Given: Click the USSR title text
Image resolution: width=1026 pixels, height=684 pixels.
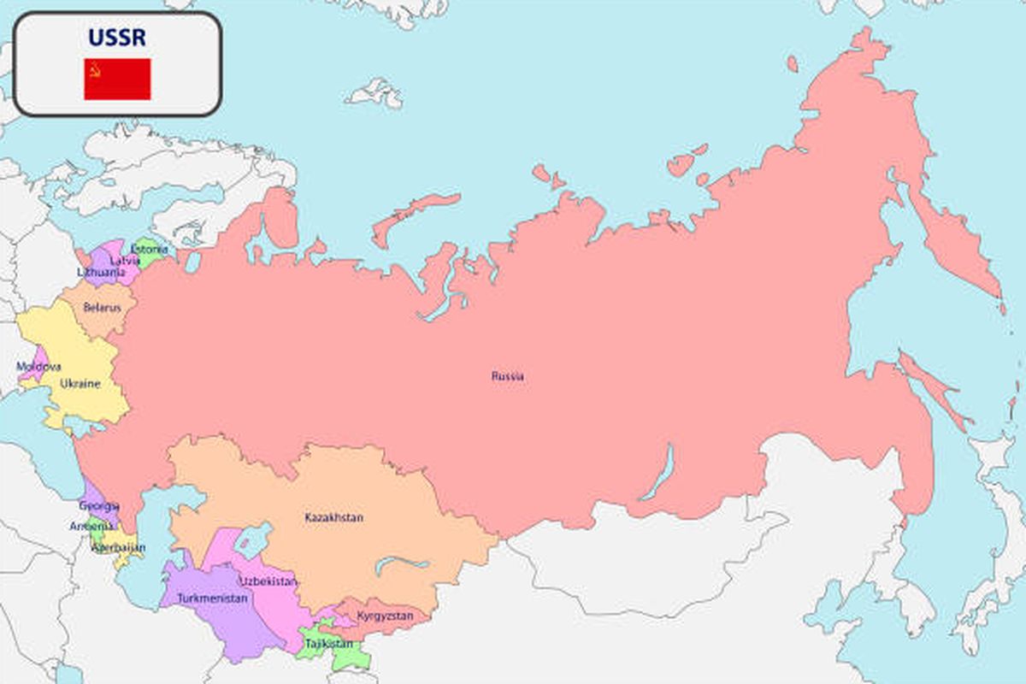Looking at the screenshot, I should (117, 38).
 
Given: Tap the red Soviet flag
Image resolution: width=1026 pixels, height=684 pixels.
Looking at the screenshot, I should (117, 79).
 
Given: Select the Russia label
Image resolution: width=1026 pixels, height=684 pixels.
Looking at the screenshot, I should (508, 376).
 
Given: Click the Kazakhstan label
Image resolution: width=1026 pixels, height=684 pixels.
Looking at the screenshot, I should (334, 517).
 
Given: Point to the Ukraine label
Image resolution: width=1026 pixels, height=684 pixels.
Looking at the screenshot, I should (80, 384).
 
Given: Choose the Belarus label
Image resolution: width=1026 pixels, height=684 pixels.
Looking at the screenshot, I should (102, 308).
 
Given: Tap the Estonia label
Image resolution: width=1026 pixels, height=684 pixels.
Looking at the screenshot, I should (150, 250).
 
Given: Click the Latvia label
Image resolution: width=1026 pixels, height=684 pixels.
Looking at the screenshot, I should (125, 260).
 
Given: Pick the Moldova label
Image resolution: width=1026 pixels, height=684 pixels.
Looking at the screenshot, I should (38, 367).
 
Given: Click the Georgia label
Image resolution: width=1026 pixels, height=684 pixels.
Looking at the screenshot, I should (99, 506).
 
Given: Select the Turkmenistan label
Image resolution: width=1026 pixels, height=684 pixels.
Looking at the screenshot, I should (213, 598).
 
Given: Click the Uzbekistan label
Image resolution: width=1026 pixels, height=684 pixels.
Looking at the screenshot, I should (268, 581).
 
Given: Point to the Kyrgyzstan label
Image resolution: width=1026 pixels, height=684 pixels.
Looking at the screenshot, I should (385, 616).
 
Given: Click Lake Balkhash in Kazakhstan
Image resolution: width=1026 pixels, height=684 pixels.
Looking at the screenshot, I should (402, 563).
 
